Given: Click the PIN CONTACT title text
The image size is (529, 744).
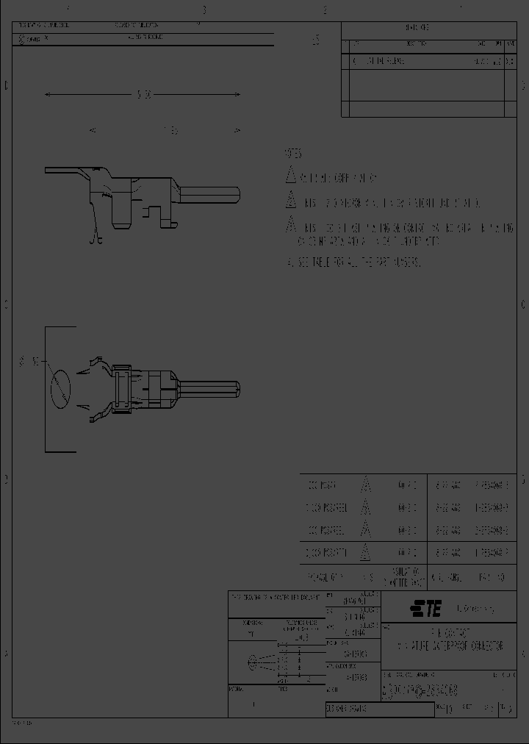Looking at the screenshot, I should click(450, 632).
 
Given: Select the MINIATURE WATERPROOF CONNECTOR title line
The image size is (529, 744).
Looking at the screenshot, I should click(450, 645).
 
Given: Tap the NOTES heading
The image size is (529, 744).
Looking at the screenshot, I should click(293, 154).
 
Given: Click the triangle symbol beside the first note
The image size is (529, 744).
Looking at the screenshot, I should click(290, 176).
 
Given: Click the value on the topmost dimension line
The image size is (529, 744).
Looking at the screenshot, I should click(144, 95).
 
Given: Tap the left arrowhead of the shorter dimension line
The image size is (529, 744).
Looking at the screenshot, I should click(92, 130).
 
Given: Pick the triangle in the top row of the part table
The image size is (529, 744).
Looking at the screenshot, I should click(365, 486).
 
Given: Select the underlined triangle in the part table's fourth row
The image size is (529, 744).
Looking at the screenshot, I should click(365, 552).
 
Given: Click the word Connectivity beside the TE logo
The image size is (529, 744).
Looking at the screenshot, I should click(475, 609).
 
